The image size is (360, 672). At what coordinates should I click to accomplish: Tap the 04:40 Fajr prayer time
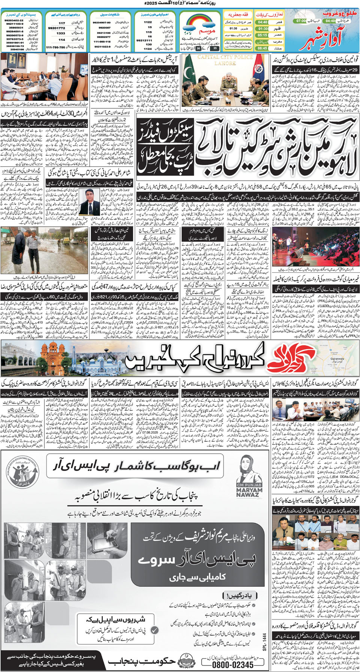[262, 22]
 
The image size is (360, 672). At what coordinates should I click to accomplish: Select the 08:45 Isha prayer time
[262, 48]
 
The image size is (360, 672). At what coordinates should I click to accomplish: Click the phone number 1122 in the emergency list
[148, 22]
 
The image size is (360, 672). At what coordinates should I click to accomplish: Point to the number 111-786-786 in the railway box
[55, 48]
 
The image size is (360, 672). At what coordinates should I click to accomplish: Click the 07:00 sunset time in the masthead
[301, 21]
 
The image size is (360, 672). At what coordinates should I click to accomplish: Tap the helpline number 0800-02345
[233, 664]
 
